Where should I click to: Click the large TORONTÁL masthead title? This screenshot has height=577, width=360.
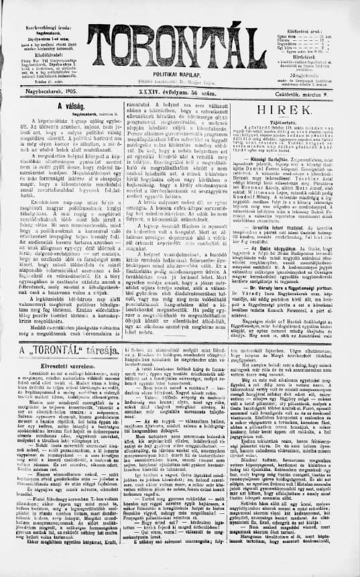coord(180,34)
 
